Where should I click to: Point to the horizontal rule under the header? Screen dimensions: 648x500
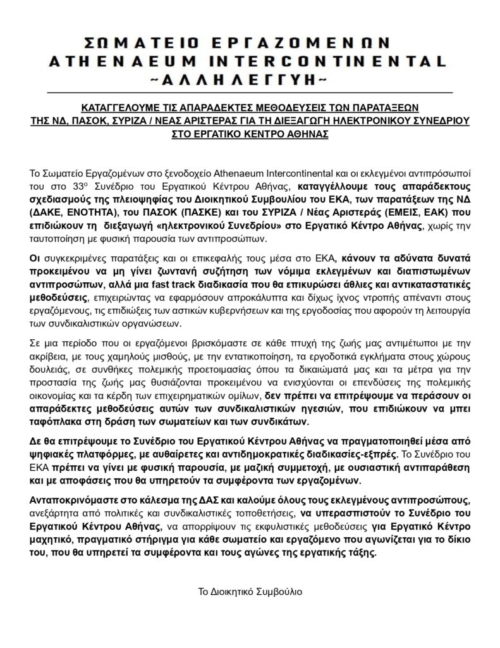click(x=250, y=93)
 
